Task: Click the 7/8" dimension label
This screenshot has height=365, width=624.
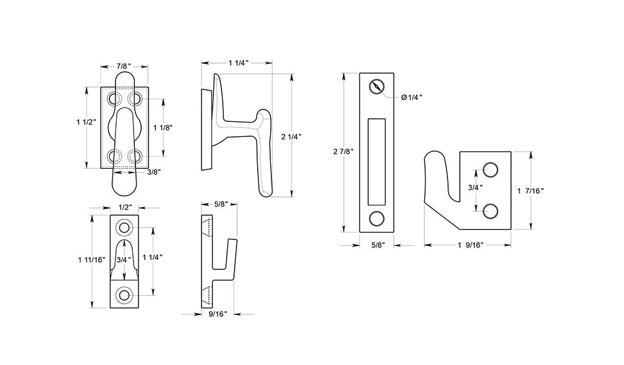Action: [124, 66]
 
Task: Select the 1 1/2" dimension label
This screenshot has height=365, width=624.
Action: [87, 122]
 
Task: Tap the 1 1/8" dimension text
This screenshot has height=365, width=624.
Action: [163, 127]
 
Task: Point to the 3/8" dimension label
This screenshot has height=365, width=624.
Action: [154, 172]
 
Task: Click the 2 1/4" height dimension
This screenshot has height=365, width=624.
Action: [291, 137]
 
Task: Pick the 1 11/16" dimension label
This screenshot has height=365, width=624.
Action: [92, 260]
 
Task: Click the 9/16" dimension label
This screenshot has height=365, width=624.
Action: [218, 314]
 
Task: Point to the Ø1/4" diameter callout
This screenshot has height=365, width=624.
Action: [411, 97]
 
